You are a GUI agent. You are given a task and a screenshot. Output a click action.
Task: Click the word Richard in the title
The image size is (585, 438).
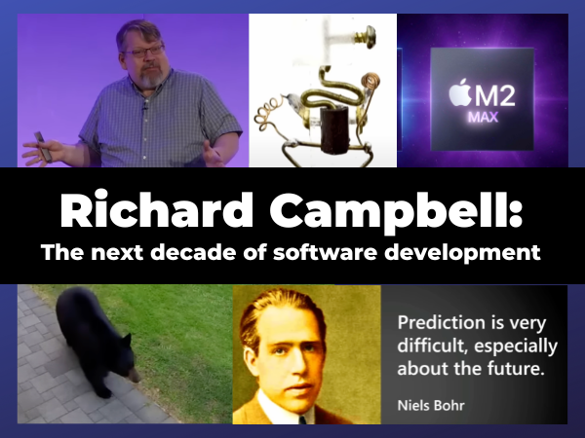156,209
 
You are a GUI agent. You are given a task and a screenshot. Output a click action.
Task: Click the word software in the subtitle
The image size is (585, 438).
325,252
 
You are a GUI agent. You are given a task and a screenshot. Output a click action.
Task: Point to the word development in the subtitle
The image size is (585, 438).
462,253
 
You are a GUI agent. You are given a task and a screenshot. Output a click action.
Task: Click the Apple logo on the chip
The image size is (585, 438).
460,92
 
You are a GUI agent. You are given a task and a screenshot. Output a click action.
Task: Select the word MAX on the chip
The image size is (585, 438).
484,118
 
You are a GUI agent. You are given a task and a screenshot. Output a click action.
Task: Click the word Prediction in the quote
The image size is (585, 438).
441,322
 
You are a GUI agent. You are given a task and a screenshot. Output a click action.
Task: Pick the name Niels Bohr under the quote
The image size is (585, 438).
431,405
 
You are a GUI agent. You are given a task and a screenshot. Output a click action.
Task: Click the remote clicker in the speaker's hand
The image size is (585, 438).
43,147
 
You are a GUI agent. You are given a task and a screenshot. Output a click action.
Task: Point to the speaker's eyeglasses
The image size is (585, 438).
143,52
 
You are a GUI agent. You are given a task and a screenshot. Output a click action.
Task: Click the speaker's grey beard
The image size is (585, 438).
152,78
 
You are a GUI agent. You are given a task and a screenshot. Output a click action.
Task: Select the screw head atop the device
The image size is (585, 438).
370,37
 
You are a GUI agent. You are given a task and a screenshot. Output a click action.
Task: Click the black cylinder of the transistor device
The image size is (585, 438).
333,129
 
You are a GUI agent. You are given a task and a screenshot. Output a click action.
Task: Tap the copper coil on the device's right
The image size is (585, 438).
370,81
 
